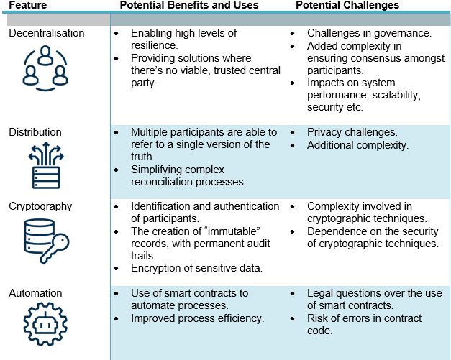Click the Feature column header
pyautogui.click(x=28, y=5)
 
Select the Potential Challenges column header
pyautogui.click(x=347, y=5)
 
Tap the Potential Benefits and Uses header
pyautogui.click(x=189, y=5)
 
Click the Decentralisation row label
pyautogui.click(x=47, y=33)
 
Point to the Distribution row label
pyautogui.click(x=35, y=132)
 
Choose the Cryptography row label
pyautogui.click(x=40, y=206)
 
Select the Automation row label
pyautogui.click(x=35, y=293)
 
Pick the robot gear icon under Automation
pyautogui.click(x=45, y=324)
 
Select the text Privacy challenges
pyautogui.click(x=352, y=132)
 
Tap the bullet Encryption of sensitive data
pyautogui.click(x=197, y=268)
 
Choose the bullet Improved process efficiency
pyautogui.click(x=198, y=318)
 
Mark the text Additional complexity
pyautogui.click(x=357, y=145)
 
